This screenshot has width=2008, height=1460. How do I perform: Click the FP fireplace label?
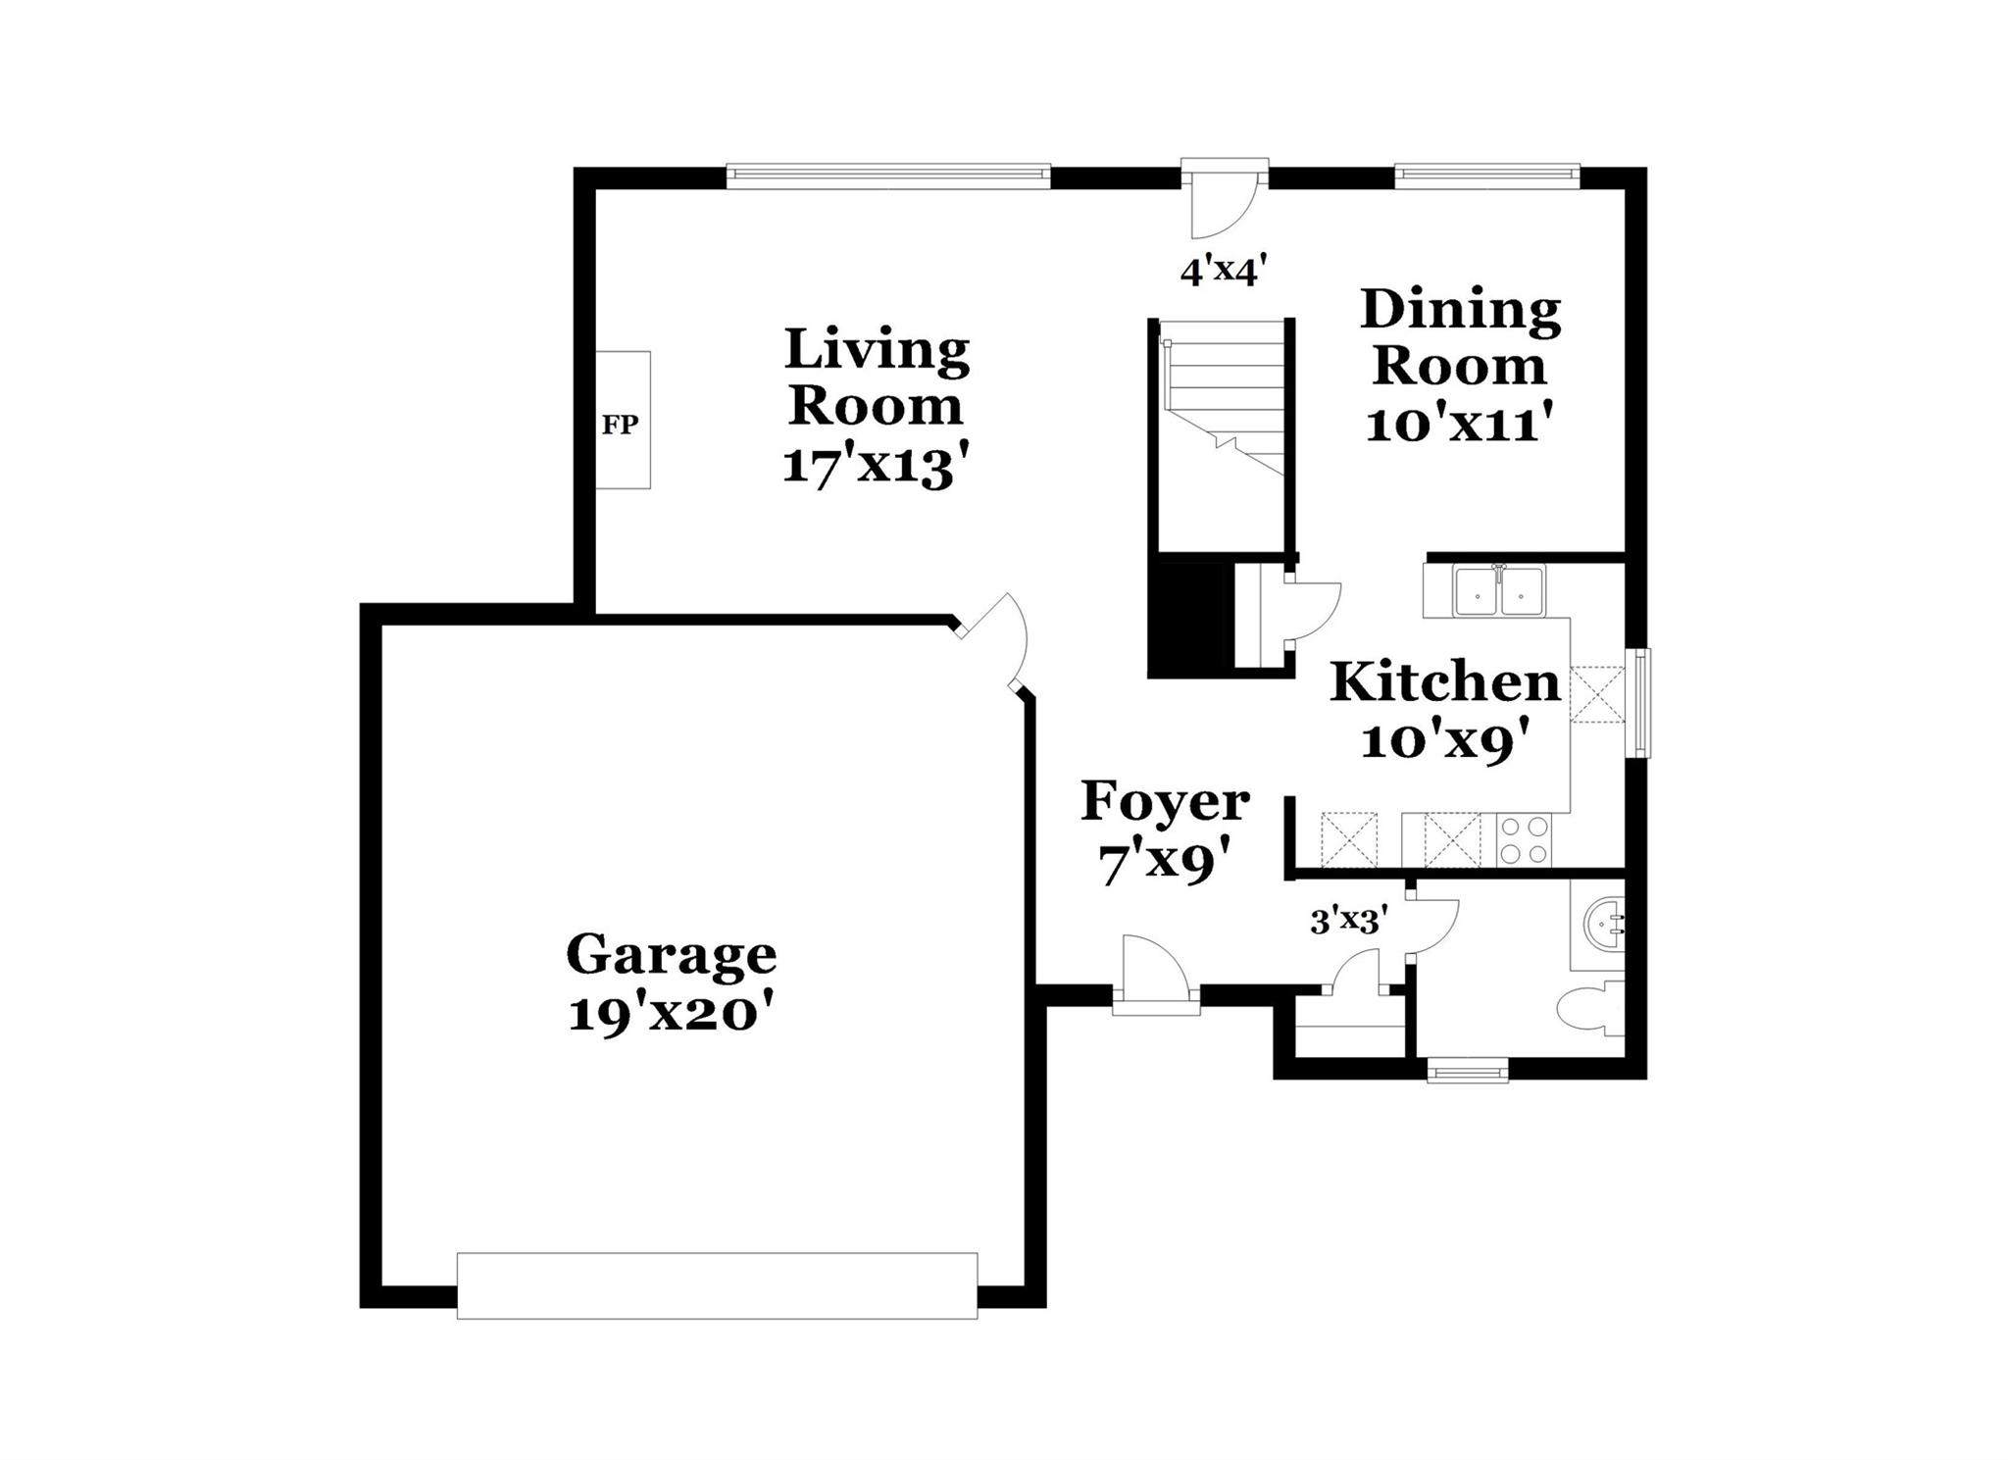click(x=620, y=425)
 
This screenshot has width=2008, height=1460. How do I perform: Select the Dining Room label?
click(x=1459, y=337)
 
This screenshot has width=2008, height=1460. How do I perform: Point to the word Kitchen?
click(x=1444, y=682)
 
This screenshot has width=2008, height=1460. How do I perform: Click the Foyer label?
click(x=1165, y=802)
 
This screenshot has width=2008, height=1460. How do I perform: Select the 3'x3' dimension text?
click(x=1348, y=921)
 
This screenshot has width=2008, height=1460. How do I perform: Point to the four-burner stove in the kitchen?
click(x=1524, y=840)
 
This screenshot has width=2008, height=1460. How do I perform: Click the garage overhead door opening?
click(x=717, y=1285)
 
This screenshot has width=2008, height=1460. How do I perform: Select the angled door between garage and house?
click(x=992, y=642)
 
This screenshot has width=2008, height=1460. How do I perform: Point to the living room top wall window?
click(x=888, y=176)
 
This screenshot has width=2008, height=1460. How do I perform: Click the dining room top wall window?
click(x=1486, y=176)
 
